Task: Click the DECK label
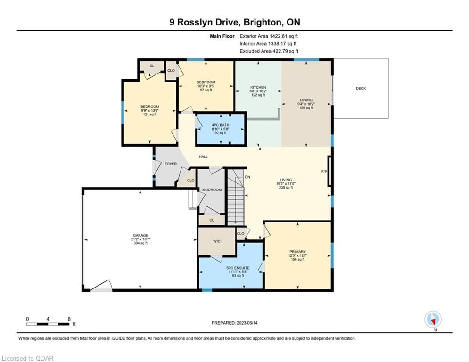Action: [361, 88]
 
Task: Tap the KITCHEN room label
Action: [258, 87]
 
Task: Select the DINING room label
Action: [306, 100]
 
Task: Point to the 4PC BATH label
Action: [221, 125]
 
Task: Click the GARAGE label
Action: [140, 236]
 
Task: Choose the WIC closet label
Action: [216, 241]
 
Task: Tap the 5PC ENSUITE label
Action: [238, 268]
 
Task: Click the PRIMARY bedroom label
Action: [297, 252]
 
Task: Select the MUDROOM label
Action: [212, 189]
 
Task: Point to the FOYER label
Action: [171, 164]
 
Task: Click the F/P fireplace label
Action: [324, 172]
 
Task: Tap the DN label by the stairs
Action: [247, 177]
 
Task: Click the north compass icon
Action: [433, 320]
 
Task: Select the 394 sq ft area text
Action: [140, 243]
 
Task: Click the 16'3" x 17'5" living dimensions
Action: [286, 184]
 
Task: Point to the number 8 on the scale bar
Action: [69, 319]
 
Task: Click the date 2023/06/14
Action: [247, 323]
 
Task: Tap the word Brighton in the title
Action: [263, 22]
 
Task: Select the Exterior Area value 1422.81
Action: [278, 36]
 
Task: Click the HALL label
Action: [204, 156]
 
